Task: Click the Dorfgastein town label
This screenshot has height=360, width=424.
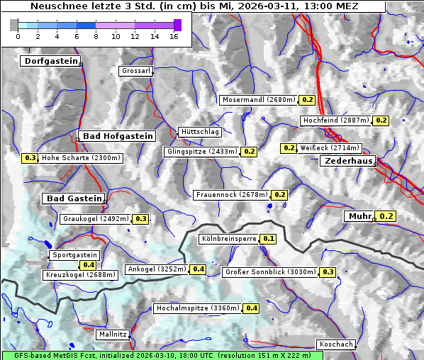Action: (x=51, y=61)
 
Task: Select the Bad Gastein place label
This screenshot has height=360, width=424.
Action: (x=74, y=198)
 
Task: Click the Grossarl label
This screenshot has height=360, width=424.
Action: (x=135, y=71)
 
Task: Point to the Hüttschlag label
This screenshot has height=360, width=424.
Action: (x=200, y=132)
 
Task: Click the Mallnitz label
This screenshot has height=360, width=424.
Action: (x=113, y=334)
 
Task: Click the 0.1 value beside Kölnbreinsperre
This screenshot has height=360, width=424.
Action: (x=268, y=239)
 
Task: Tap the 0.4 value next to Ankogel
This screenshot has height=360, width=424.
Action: (x=198, y=269)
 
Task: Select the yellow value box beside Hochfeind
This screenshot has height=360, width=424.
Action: (x=381, y=120)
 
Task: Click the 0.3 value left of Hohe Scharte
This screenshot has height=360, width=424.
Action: (x=30, y=158)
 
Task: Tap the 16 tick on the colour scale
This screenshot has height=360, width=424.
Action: (x=173, y=35)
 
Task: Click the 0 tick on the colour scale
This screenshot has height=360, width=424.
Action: (x=18, y=35)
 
